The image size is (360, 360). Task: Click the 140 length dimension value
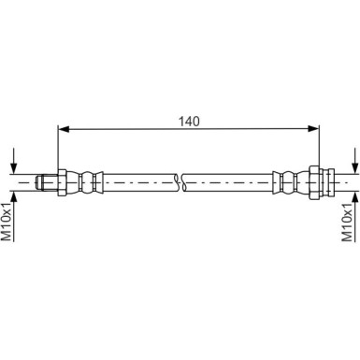pos(189,122)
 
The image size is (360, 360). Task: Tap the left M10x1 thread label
pos(7,222)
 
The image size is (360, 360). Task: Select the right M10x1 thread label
pos(347,222)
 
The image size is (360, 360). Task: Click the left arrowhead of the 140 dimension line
pos(64,128)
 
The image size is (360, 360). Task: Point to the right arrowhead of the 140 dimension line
pos(313,128)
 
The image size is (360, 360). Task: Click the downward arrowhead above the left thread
pos(13,168)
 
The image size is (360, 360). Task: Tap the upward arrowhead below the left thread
pos(13,196)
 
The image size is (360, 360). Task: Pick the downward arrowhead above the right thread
pos(355,168)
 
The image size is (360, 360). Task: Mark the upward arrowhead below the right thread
pos(355,196)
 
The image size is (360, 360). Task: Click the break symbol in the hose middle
pos(180,182)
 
